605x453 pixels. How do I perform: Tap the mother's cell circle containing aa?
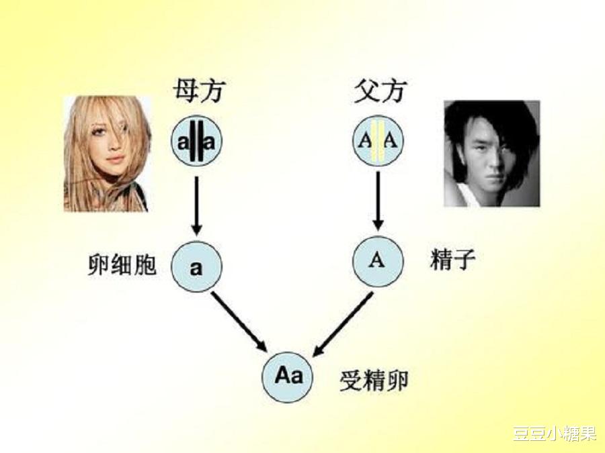click(196, 142)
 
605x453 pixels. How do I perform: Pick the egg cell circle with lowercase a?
click(196, 266)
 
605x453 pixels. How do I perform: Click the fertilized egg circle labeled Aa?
click(288, 376)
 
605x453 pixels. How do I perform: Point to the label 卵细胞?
click(122, 264)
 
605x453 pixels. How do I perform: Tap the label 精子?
click(452, 260)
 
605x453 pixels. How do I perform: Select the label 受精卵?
click(374, 381)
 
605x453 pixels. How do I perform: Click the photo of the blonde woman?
click(106, 154)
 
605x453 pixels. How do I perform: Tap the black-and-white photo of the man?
click(491, 153)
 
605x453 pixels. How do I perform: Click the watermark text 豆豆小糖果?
click(554, 433)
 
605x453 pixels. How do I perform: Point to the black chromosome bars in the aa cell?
click(196, 142)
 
